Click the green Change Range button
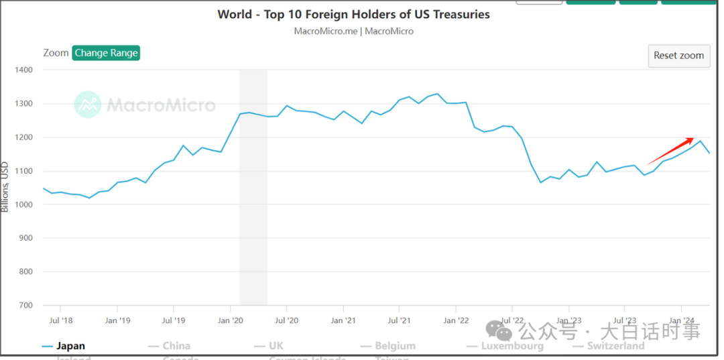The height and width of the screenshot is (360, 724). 106,53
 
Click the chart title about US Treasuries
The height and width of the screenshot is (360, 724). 353,14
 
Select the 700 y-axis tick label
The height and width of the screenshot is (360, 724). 25,305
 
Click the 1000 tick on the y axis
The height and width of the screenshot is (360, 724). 23,204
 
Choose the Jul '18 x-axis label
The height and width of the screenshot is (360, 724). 61,320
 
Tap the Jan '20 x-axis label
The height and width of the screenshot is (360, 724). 231,320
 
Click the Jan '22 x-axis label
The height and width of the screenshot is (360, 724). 456,320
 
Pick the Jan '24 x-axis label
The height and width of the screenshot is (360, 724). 682,320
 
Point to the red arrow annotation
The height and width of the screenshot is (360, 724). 670,151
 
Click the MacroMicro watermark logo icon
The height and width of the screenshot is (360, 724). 87,105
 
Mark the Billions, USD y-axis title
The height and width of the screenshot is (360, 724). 5,186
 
